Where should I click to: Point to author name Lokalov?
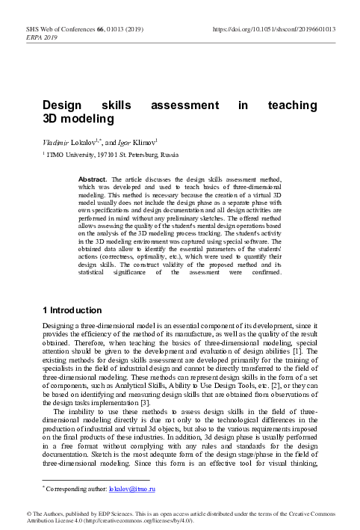[x=84, y=141]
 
